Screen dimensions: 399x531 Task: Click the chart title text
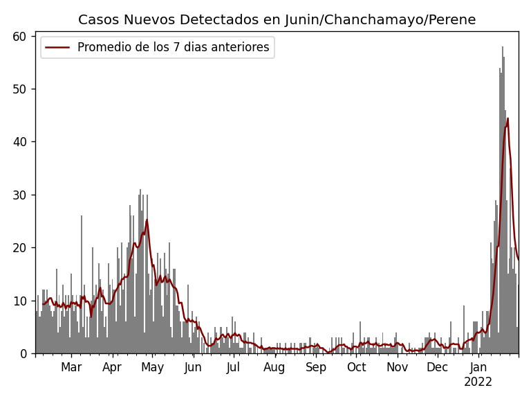pyautogui.click(x=277, y=20)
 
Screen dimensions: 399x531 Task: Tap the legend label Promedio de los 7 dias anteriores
pyautogui.click(x=173, y=48)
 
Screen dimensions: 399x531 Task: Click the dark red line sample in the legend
pyautogui.click(x=58, y=48)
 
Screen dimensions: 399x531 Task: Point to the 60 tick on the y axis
pyautogui.click(x=23, y=36)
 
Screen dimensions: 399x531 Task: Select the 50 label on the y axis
pyautogui.click(x=23, y=89)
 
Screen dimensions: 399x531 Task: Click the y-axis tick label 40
pyautogui.click(x=23, y=142)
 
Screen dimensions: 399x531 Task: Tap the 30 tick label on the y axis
pyautogui.click(x=23, y=195)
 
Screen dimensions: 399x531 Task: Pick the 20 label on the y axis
pyautogui.click(x=23, y=248)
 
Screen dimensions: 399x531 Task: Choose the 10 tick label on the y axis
pyautogui.click(x=23, y=301)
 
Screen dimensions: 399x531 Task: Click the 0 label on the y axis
pyautogui.click(x=26, y=354)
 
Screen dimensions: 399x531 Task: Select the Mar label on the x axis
pyautogui.click(x=71, y=368)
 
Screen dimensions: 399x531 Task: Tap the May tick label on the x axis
pyautogui.click(x=152, y=368)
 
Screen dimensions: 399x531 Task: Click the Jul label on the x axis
pyautogui.click(x=234, y=368)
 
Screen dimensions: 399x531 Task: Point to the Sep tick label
pyautogui.click(x=316, y=368)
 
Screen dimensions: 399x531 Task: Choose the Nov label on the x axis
pyautogui.click(x=398, y=368)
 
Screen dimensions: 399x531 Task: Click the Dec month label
pyautogui.click(x=437, y=368)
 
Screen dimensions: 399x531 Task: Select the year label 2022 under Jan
pyautogui.click(x=478, y=382)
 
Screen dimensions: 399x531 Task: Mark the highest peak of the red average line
pyautogui.click(x=507, y=118)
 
